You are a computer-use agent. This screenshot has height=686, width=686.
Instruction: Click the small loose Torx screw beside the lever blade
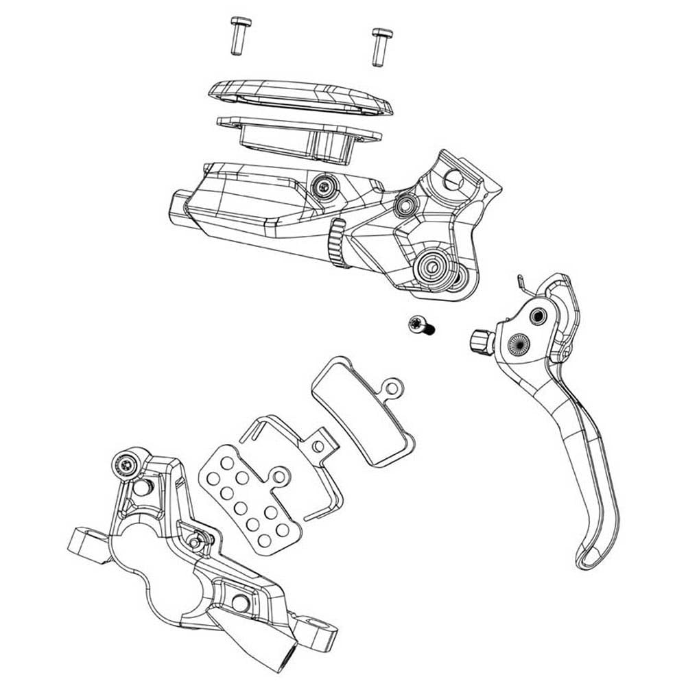[x=419, y=325]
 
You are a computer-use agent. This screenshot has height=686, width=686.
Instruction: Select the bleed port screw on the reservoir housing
[x=323, y=184]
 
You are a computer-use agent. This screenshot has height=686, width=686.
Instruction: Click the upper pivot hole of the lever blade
[x=536, y=315]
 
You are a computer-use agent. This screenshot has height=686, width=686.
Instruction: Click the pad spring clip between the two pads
[x=288, y=446]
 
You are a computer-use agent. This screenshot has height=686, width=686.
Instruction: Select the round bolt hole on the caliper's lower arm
[x=241, y=602]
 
